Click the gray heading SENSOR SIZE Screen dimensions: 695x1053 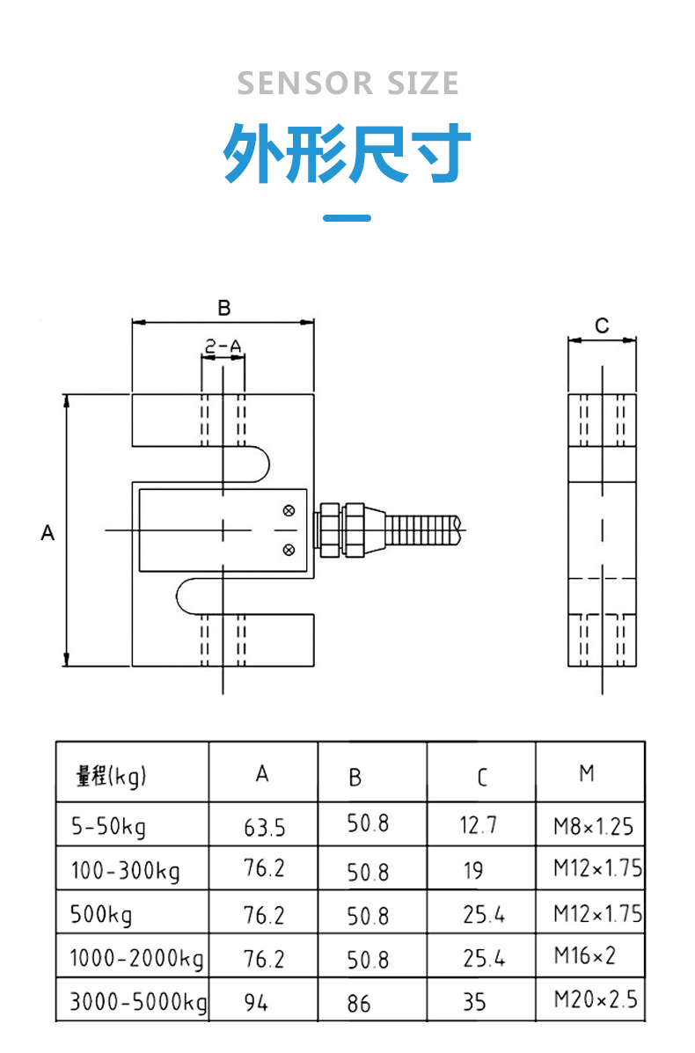(347, 84)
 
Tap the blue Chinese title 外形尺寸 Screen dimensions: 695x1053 (347, 153)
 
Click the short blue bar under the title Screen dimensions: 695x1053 (347, 217)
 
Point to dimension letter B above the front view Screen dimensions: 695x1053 (224, 308)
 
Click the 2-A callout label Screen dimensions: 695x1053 (223, 346)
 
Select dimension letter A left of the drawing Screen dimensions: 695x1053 (47, 532)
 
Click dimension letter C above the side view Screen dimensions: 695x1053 (602, 325)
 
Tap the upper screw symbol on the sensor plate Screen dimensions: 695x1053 (289, 511)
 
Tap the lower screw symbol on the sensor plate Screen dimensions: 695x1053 (289, 550)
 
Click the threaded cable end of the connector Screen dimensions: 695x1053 (424, 530)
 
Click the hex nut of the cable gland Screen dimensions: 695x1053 (332, 530)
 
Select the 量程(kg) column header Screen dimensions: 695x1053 (111, 776)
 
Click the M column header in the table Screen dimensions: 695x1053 (587, 773)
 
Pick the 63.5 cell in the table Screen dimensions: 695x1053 (265, 827)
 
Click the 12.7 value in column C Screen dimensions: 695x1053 (478, 824)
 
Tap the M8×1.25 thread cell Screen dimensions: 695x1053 (594, 826)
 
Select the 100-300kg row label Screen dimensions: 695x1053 (126, 870)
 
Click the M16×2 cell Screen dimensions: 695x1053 (584, 955)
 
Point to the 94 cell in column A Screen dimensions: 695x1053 (256, 1003)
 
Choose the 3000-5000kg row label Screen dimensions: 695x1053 (138, 1001)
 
